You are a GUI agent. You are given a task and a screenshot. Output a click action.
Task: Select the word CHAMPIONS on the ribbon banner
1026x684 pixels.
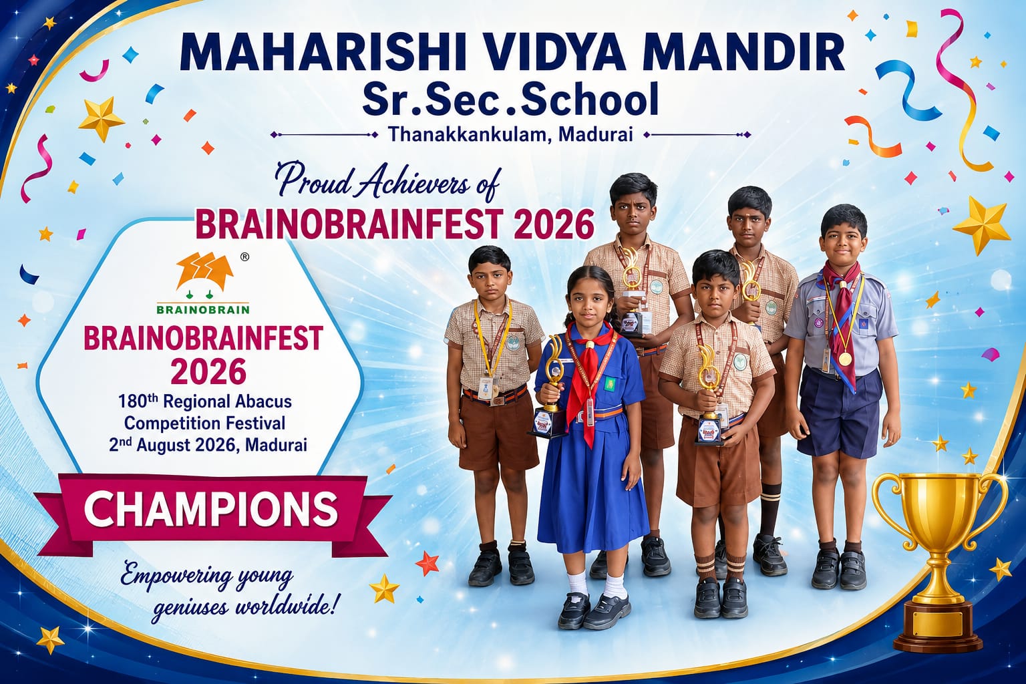pyautogui.click(x=210, y=508)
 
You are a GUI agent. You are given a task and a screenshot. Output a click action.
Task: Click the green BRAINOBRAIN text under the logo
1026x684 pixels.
pyautogui.click(x=203, y=310)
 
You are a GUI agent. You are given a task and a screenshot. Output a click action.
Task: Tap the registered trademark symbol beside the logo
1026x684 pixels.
pyautogui.click(x=244, y=257)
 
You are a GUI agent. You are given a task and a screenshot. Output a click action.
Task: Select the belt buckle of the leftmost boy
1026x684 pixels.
pyautogui.click(x=496, y=399)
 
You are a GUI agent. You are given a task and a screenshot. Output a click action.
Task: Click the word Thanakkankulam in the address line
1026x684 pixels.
pyautogui.click(x=467, y=134)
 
